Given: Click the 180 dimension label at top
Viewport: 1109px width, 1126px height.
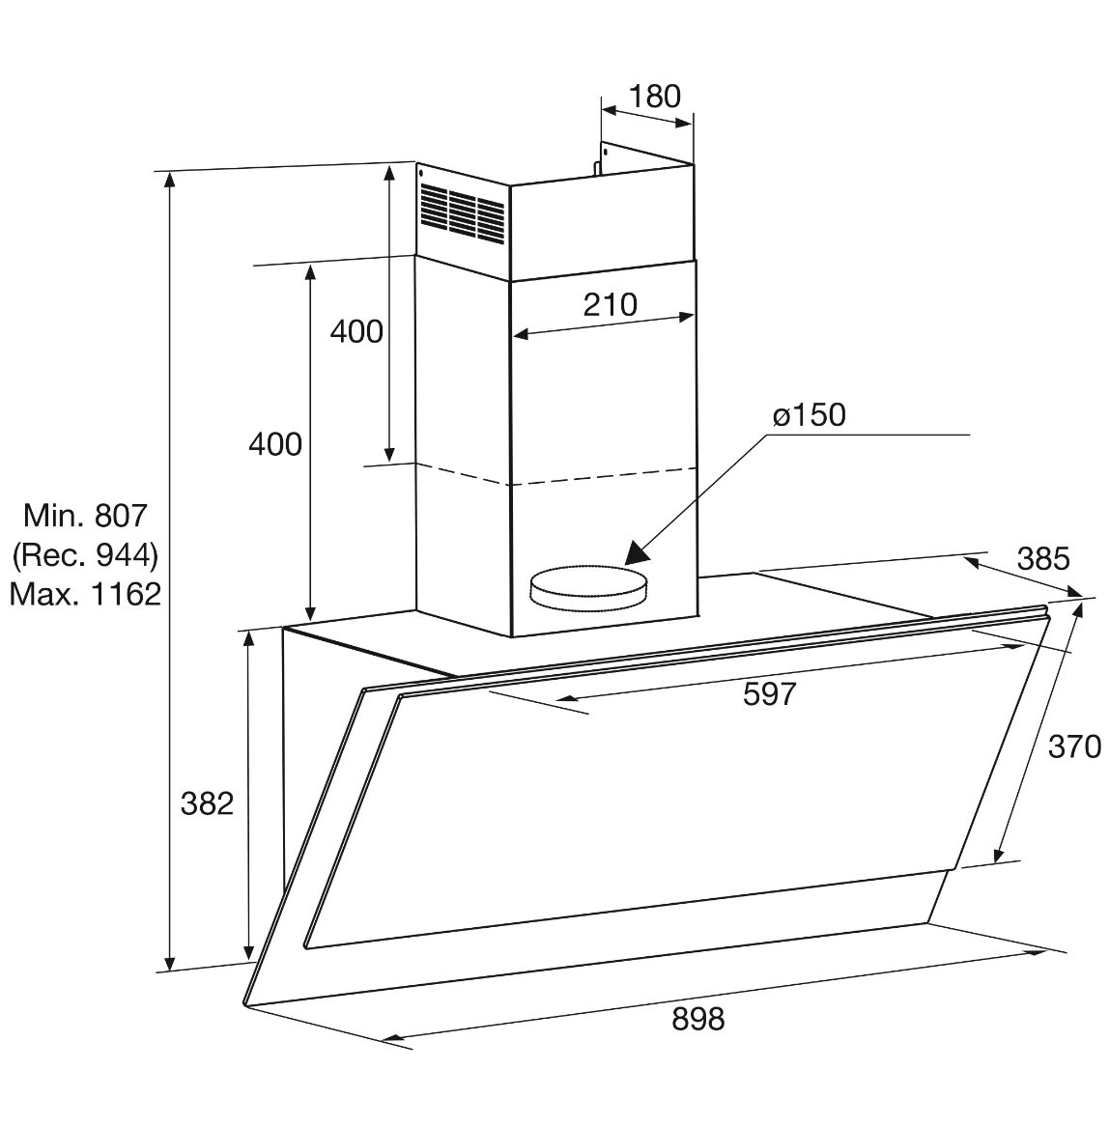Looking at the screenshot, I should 655,97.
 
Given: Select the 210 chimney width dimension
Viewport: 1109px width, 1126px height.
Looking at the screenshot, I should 610,304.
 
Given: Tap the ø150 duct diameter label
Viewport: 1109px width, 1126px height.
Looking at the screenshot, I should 809,415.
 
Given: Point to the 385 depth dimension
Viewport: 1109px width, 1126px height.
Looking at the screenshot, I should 1043,558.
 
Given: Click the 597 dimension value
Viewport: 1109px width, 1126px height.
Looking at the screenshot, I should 769,693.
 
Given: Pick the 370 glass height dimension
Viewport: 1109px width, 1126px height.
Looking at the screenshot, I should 1074,746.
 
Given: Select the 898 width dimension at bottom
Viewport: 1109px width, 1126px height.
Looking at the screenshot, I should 697,1019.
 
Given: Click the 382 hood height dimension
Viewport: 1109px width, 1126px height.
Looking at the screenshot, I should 207,802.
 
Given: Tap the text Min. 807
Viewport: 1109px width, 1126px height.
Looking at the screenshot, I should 85,515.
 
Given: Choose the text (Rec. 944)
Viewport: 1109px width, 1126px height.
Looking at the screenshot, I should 85,554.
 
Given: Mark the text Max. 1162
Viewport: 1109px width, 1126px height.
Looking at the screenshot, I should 85,593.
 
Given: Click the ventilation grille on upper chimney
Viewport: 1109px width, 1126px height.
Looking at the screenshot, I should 463,213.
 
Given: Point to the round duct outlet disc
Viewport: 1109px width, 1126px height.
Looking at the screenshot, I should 587,587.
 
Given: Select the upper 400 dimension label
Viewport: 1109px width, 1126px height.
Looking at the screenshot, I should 356,331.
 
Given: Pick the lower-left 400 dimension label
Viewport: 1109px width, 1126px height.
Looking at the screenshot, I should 275,444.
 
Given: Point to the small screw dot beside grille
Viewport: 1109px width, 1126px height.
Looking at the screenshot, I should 422,173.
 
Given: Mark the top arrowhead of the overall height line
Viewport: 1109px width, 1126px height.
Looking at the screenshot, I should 170,180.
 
